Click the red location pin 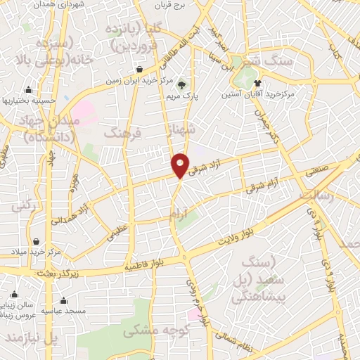tap(180, 165)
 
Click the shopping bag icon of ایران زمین tap(139, 70)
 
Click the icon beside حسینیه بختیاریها tap(28, 90)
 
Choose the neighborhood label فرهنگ tap(122, 131)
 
